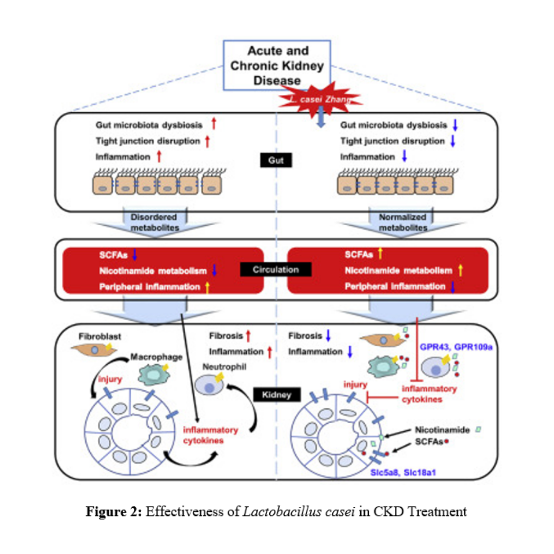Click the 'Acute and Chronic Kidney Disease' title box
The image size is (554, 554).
coord(278,65)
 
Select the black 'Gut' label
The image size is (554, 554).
coord(276,161)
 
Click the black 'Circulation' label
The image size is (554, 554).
coord(276,269)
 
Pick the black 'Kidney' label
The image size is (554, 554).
coord(276,394)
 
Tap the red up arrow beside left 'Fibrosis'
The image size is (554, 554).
coord(248,336)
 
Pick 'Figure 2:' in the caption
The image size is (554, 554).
coord(114,512)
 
